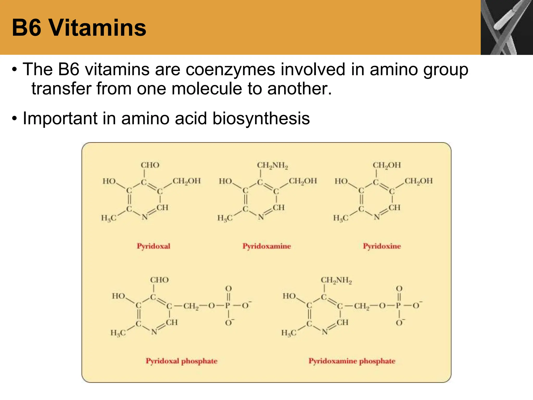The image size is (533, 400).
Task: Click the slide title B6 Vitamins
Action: click(79, 28)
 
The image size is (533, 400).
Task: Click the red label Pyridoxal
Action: click(154, 246)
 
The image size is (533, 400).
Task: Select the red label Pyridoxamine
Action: click(266, 246)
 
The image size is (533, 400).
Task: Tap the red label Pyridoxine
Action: click(382, 246)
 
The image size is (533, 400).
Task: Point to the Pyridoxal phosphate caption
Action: click(181, 361)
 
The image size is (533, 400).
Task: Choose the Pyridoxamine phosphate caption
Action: click(352, 361)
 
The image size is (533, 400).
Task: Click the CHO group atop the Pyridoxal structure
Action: click(150, 165)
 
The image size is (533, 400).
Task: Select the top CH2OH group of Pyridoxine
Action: click(387, 165)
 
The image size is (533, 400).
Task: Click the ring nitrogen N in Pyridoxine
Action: click(377, 217)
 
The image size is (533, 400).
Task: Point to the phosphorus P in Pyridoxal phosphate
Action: click(228, 305)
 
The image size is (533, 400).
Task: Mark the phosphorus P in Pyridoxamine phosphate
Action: click(398, 305)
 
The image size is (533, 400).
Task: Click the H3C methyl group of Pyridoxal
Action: click(109, 218)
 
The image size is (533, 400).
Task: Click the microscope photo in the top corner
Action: click(507, 27)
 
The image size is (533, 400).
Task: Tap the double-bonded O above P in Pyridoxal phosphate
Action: click(228, 289)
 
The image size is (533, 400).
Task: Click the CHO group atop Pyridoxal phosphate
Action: click(159, 280)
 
